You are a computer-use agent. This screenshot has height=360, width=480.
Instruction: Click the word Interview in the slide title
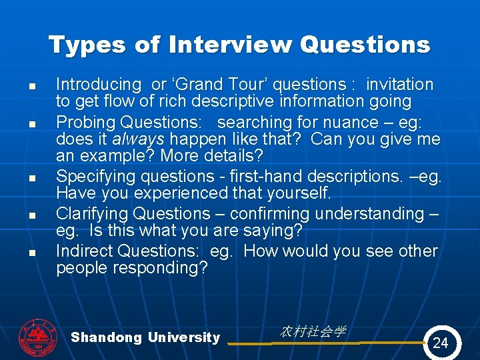point(230,45)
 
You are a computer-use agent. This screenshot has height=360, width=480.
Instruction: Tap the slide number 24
point(441,343)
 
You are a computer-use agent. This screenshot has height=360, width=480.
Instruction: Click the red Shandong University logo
point(38,338)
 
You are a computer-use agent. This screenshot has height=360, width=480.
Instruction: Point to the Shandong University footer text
point(145,337)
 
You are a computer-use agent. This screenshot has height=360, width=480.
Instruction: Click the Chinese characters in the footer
point(313,331)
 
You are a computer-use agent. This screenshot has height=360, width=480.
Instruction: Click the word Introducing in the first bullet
point(98,85)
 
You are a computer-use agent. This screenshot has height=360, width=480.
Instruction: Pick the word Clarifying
point(92,214)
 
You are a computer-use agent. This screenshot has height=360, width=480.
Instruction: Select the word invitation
point(400,85)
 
